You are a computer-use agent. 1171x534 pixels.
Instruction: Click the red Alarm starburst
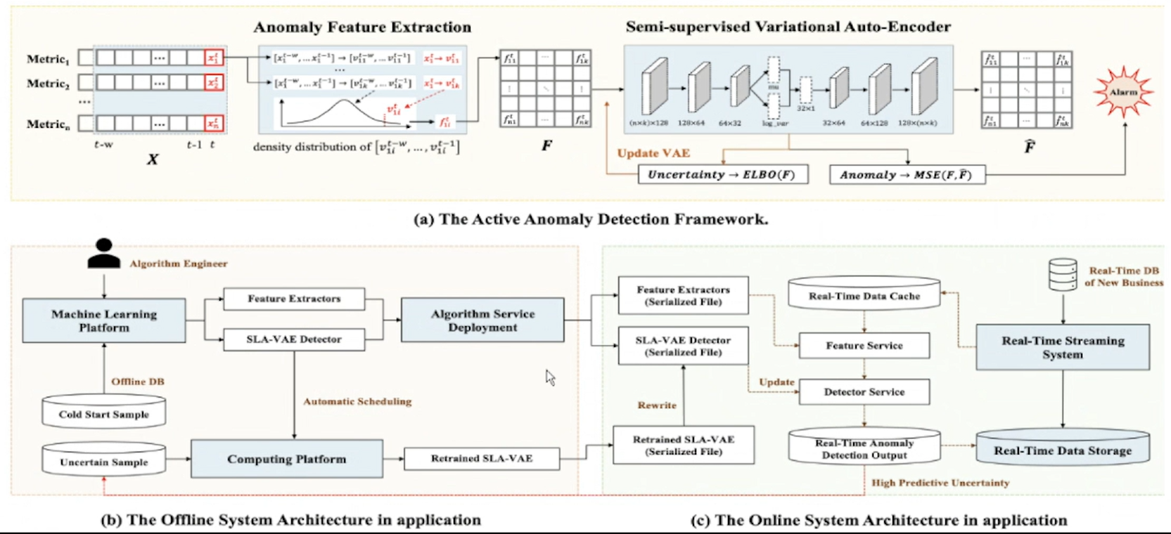tap(1123, 92)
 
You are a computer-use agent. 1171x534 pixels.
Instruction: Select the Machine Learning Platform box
tap(104, 320)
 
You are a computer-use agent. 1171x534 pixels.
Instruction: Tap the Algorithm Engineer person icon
tap(103, 254)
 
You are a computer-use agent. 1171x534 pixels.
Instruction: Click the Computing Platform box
tap(286, 459)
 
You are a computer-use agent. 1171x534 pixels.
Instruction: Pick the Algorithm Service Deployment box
tap(482, 320)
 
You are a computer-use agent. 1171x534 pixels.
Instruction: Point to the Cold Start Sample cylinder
tap(103, 412)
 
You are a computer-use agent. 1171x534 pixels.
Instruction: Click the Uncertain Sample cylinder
tap(103, 460)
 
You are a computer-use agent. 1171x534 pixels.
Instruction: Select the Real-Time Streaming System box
tap(1062, 347)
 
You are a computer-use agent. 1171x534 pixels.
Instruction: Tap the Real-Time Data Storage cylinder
tap(1062, 448)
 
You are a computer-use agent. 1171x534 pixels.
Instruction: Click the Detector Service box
tap(864, 392)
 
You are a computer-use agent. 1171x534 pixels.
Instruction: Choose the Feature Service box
tap(864, 346)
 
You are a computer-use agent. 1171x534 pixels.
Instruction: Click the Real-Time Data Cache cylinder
tap(864, 295)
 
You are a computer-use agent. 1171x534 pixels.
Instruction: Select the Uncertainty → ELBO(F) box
tap(722, 174)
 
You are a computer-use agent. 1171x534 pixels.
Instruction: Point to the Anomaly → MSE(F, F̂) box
tap(907, 175)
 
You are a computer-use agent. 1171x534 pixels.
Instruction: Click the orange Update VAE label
tap(653, 153)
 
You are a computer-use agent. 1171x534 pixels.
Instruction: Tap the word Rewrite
tap(657, 405)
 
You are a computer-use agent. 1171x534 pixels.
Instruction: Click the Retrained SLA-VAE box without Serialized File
tap(481, 459)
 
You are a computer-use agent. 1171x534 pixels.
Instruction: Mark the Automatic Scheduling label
tap(357, 402)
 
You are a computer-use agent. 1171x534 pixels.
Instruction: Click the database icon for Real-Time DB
tap(1062, 275)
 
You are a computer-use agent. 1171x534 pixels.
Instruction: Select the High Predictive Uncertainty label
tap(940, 483)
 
